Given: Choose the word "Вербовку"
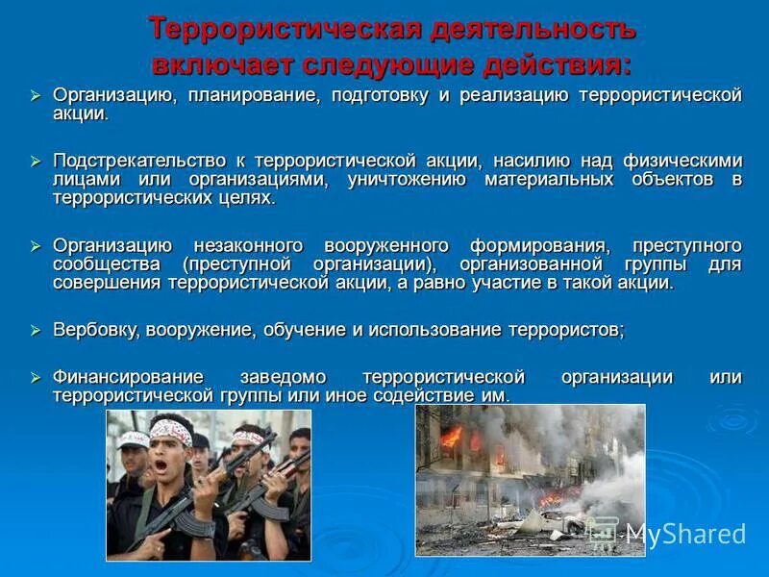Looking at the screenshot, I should click(93, 330).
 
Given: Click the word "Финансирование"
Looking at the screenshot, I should click(128, 377).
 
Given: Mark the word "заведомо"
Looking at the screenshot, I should click(285, 377).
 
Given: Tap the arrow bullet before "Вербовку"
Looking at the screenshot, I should click(35, 330).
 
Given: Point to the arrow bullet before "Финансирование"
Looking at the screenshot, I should click(35, 377).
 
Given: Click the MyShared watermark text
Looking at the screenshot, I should click(684, 535).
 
